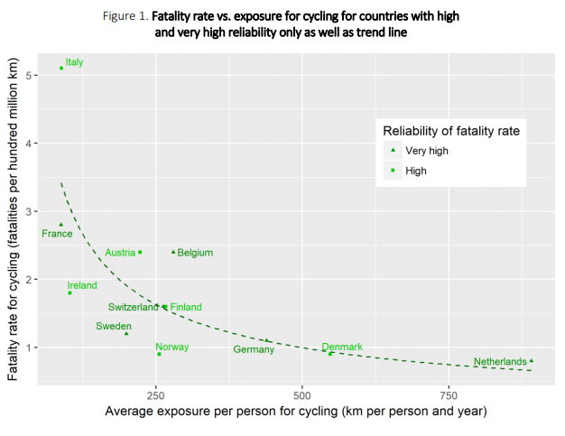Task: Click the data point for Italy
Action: pos(61,68)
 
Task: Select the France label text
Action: pos(57,234)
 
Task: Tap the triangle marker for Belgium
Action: pos(173,252)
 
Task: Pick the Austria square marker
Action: pos(140,252)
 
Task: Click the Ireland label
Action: pos(82,285)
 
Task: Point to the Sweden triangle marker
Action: pos(126,333)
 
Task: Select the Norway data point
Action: pos(159,354)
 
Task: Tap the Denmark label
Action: pos(342,347)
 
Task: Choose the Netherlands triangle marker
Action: pos(532,360)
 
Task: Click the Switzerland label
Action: pos(134,307)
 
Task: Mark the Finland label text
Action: pos(186,307)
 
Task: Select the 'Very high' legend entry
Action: pos(426,151)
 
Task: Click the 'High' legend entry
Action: pos(415,170)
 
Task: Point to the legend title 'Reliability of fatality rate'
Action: pos(450,131)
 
